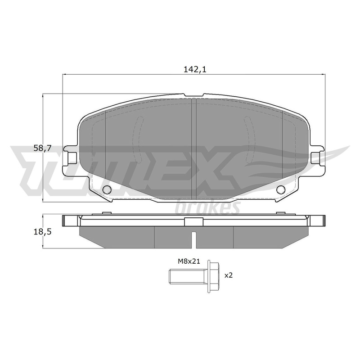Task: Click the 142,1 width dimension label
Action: [195, 69]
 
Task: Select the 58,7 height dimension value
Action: [42, 148]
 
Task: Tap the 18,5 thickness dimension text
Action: [42, 232]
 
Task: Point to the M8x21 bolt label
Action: [189, 261]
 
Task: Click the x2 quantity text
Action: [229, 275]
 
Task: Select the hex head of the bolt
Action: [213, 276]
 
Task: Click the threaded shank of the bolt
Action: [188, 276]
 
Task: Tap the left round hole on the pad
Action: [107, 189]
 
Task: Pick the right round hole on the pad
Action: [280, 189]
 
